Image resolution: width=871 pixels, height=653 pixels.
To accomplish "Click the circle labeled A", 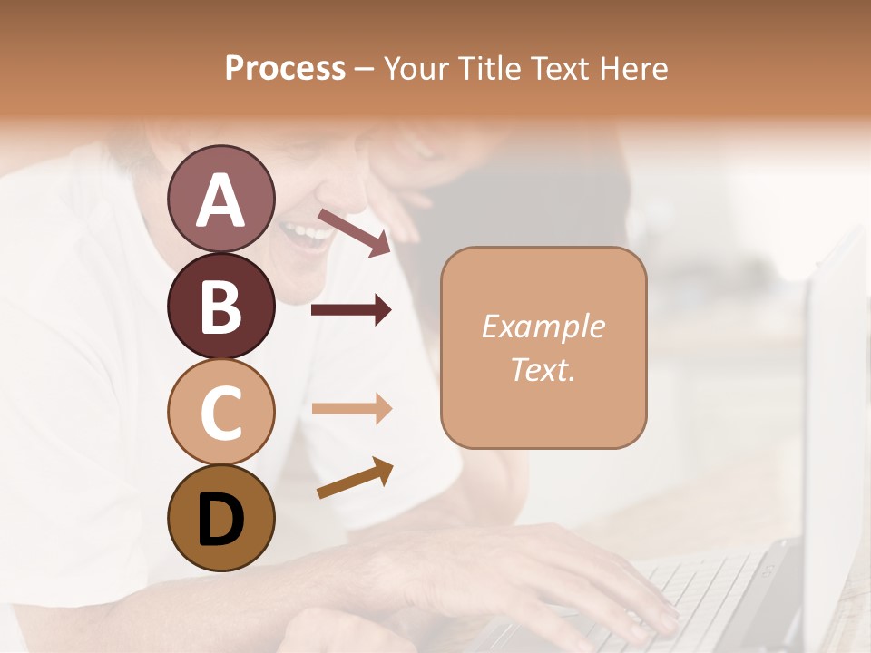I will click(220, 199).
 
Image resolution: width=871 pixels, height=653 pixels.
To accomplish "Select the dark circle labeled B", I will click(220, 306).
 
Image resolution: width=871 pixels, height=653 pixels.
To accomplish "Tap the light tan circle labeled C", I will click(220, 411).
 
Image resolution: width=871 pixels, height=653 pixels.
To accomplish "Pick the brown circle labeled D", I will click(220, 518).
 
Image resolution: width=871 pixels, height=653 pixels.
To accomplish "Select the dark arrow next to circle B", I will click(351, 310).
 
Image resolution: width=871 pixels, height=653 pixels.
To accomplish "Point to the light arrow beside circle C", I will click(351, 408).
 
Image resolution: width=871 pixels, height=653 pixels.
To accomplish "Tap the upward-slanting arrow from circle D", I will click(355, 478).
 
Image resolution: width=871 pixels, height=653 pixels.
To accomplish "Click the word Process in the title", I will click(285, 68).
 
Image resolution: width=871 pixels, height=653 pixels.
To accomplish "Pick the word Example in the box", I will click(543, 326).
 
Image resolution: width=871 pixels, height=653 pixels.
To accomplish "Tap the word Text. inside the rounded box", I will click(543, 369).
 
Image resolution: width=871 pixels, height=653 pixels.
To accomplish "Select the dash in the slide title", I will click(365, 69).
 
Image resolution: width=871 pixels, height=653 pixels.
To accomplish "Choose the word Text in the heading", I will click(563, 68).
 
